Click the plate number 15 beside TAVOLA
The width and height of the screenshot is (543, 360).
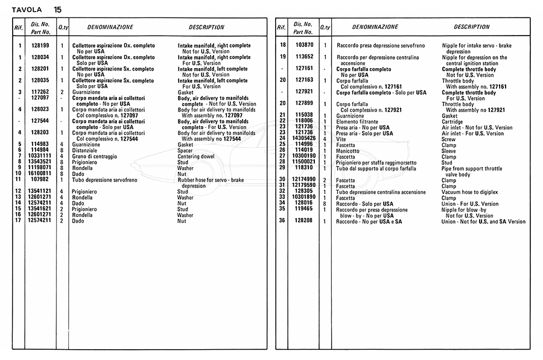point(57,10)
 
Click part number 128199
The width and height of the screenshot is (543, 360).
point(40,46)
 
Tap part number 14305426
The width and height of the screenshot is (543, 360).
point(304,139)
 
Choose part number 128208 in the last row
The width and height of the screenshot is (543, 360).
point(304,221)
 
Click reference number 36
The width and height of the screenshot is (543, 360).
point(282,221)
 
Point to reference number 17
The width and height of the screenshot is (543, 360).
point(20,221)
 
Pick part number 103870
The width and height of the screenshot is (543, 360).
point(304,46)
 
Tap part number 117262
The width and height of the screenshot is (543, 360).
point(40,92)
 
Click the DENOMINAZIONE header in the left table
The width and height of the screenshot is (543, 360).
point(110,27)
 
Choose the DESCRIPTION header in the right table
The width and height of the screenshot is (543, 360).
point(471,27)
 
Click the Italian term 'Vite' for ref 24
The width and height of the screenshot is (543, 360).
point(341,139)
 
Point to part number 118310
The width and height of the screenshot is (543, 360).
point(304,168)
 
